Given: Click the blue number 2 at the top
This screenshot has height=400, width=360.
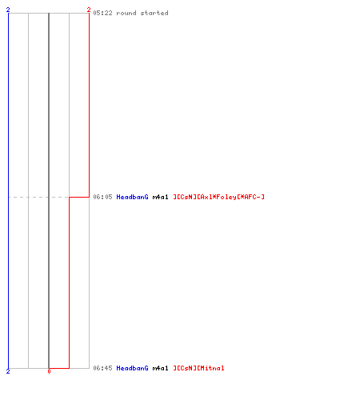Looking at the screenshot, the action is [x=8, y=10].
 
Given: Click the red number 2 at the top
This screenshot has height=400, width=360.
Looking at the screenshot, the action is [x=89, y=10].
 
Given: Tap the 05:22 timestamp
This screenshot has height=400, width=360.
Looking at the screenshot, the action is [x=102, y=13].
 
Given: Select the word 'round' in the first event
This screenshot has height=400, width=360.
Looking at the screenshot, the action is [x=126, y=13].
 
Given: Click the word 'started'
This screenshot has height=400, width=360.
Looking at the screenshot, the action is [x=154, y=13].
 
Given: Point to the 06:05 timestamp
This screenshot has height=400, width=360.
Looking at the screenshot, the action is [x=102, y=197].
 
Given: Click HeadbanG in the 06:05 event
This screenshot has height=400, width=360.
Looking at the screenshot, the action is [x=132, y=197].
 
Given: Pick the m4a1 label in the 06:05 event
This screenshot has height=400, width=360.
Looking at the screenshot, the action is [x=160, y=197].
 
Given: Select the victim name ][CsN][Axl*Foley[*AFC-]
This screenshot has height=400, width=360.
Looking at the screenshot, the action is [x=218, y=197].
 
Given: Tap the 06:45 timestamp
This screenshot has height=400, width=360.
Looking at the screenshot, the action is [x=102, y=368].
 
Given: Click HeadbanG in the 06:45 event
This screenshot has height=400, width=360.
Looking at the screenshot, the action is [x=132, y=368].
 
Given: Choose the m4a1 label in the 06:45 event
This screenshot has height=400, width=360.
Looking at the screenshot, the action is [x=160, y=368].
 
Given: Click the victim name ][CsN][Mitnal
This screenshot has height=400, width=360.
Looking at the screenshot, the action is [x=198, y=368].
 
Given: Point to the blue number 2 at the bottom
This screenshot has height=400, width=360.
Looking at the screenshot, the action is [x=8, y=371].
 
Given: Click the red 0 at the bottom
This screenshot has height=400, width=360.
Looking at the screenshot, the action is [x=49, y=371].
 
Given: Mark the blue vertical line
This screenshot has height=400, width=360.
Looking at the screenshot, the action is [x=8, y=190].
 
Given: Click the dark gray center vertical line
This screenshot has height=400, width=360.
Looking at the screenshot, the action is [x=49, y=190].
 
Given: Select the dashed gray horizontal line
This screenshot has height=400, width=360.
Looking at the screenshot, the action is [x=38, y=198].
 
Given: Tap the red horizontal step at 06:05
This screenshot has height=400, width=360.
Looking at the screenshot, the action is [x=79, y=197].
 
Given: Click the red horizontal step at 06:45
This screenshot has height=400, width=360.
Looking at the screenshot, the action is [x=59, y=368].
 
